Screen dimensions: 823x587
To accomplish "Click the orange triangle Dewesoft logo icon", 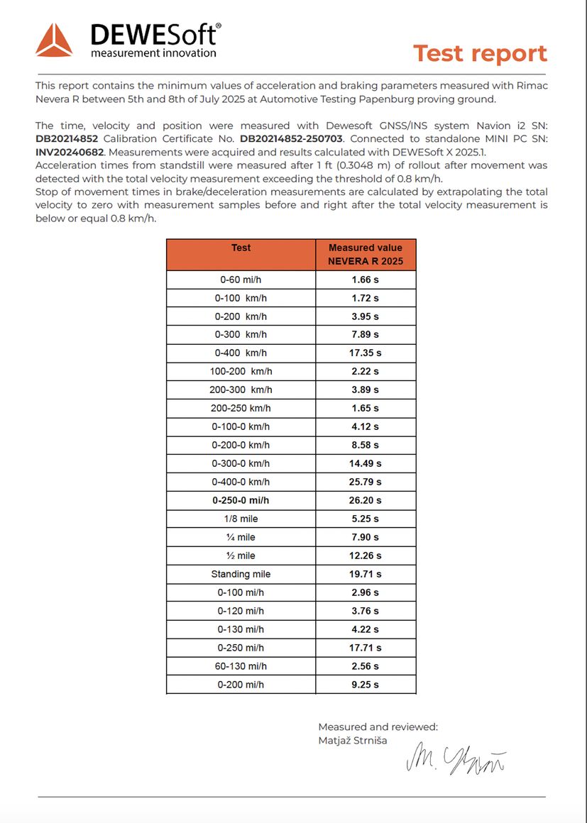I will point(54,40).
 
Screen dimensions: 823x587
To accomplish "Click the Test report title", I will point(480,53).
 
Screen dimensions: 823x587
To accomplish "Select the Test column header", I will point(241,248).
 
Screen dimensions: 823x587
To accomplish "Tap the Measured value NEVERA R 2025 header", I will point(365,255).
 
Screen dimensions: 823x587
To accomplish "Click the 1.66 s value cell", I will point(365,280).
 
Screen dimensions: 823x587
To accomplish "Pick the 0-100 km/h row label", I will point(241,298).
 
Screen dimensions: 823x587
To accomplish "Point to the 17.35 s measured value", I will point(365,353).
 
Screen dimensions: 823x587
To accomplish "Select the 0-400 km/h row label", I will point(241,353).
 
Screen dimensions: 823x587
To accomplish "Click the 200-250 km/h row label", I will point(241,409).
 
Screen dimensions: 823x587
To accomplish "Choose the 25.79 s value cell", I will point(365,482).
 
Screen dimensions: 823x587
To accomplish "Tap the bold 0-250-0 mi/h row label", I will point(241,501).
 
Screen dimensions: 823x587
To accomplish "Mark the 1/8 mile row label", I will point(241,519).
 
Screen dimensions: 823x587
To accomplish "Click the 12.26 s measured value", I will point(365,556).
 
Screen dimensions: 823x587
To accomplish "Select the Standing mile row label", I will point(241,575).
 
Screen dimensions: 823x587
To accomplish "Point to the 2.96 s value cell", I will point(365,593).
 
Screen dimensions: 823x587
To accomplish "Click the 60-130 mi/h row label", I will point(241,667).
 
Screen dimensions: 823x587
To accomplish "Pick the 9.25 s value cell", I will point(365,685).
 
